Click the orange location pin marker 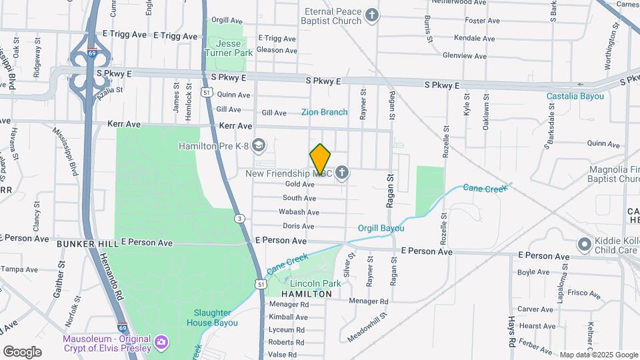tap(321, 159)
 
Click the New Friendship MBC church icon tap(342, 174)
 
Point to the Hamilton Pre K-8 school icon tap(259, 145)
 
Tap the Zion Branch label tap(324, 112)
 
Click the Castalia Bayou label tap(575, 96)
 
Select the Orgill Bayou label tap(381, 228)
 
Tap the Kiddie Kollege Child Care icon tap(585, 244)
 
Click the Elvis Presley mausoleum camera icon tap(161, 343)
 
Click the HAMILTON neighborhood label tap(307, 294)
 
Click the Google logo tap(22, 351)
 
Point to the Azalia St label tap(111, 89)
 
